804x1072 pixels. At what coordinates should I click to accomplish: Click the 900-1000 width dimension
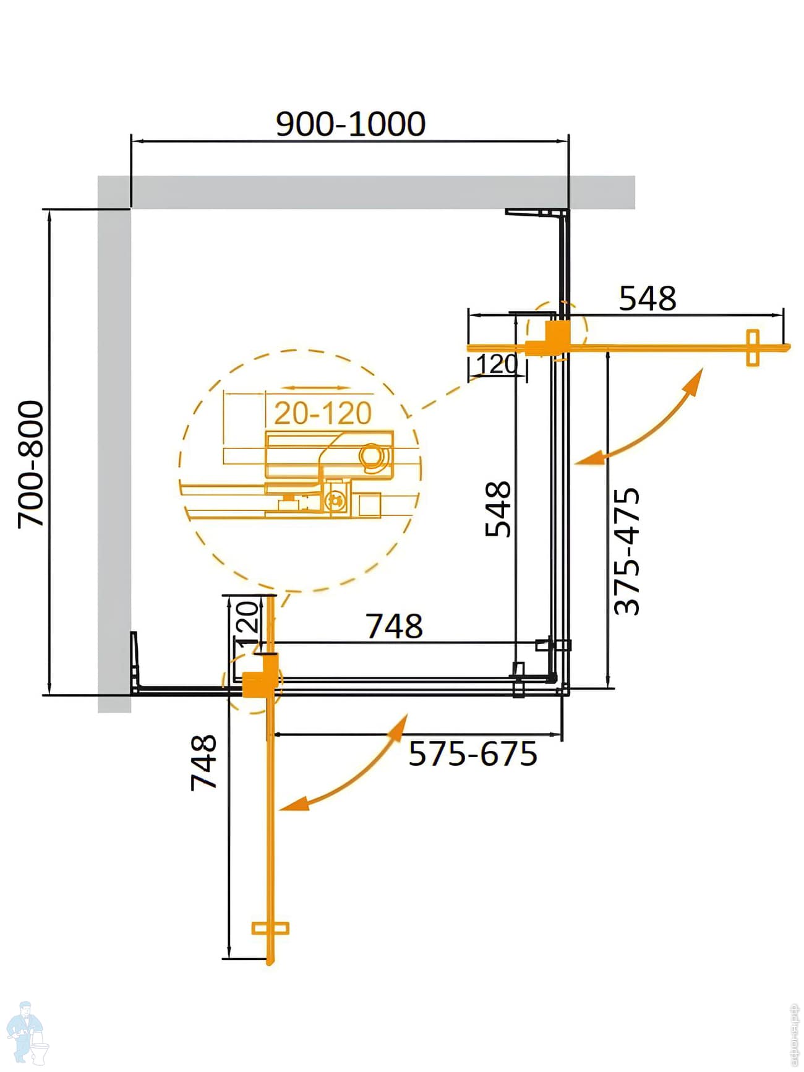[x=350, y=124]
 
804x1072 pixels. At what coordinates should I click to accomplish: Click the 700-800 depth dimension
[x=31, y=464]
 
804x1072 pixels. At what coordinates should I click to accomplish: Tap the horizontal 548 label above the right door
[x=648, y=298]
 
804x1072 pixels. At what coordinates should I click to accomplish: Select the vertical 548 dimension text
[x=498, y=508]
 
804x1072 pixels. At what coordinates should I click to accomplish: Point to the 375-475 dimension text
[x=627, y=551]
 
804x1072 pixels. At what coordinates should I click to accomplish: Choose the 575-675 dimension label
[x=473, y=754]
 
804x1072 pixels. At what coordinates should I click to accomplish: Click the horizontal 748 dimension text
[x=395, y=626]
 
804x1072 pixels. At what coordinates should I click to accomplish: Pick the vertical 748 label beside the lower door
[x=203, y=763]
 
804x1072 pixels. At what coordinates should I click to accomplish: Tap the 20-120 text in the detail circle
[x=323, y=413]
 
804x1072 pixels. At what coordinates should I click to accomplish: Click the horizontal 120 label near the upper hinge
[x=497, y=364]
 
